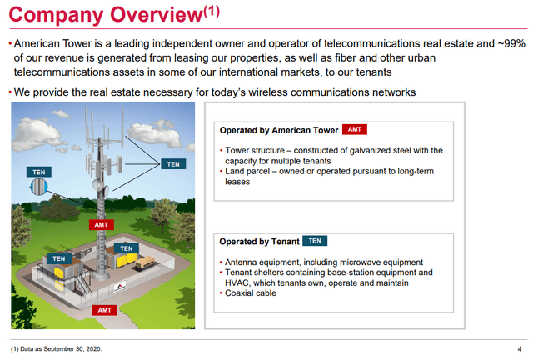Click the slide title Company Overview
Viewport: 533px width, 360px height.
(x=106, y=15)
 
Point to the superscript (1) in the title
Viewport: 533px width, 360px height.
(x=212, y=12)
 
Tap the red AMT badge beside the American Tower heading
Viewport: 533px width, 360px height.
(x=355, y=130)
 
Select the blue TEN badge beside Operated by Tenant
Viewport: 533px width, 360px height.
(x=315, y=241)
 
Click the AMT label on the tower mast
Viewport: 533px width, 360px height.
(x=101, y=225)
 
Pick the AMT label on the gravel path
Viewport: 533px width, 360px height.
(x=104, y=310)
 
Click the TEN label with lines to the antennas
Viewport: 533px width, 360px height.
(x=173, y=164)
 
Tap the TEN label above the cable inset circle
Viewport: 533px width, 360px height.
(x=39, y=172)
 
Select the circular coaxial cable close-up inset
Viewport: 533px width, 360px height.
(x=39, y=187)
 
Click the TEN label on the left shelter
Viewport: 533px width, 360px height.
(x=59, y=258)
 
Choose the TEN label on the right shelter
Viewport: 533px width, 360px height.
(x=126, y=248)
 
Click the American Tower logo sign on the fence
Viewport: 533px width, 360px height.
(x=119, y=287)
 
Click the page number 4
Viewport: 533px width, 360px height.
(x=520, y=349)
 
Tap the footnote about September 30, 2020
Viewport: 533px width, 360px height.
(x=57, y=349)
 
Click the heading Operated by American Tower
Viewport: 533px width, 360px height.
(x=279, y=130)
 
